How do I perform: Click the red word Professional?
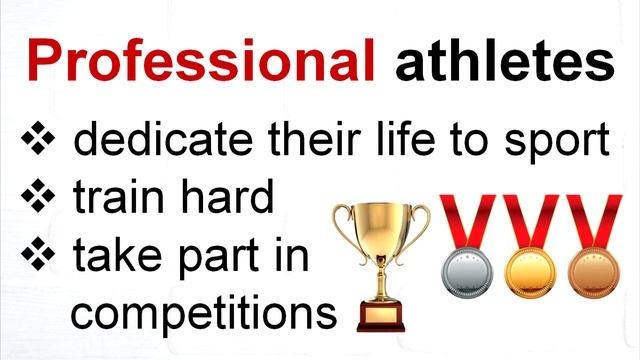pos(201,62)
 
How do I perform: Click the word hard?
pos(224,198)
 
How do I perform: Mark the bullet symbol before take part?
pos(39,257)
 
